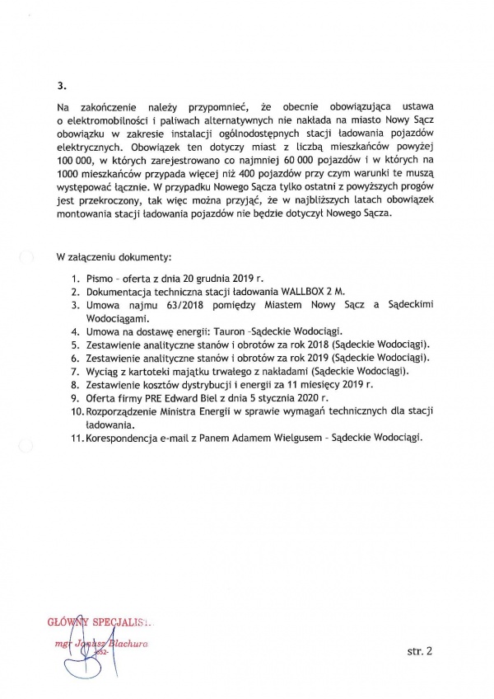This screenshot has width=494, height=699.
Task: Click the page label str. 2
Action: pyautogui.click(x=420, y=651)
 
